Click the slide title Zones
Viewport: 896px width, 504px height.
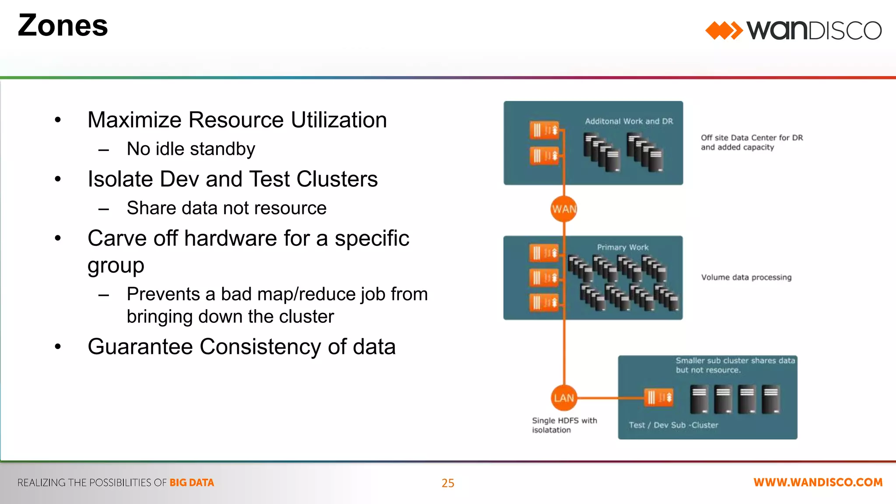63,25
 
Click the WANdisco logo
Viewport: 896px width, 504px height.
793,30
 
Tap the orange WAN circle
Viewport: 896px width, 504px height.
564,209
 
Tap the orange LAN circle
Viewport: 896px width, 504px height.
563,398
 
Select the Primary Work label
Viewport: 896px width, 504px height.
623,247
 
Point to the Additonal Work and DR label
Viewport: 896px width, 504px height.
629,121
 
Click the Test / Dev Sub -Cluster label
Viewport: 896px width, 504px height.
673,425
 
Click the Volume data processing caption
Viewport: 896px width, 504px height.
746,277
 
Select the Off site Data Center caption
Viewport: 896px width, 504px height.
752,143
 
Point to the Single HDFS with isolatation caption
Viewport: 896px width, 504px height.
564,425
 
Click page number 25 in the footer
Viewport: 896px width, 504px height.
448,483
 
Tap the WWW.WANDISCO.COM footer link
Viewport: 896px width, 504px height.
818,483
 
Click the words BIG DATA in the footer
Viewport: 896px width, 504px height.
192,483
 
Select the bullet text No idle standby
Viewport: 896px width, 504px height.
191,149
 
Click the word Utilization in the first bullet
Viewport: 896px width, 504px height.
339,120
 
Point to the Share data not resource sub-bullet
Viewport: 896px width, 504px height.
226,208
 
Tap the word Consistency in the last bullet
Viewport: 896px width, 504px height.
261,346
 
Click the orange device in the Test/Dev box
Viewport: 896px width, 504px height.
658,397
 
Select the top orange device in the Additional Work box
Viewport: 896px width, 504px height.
544,130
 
